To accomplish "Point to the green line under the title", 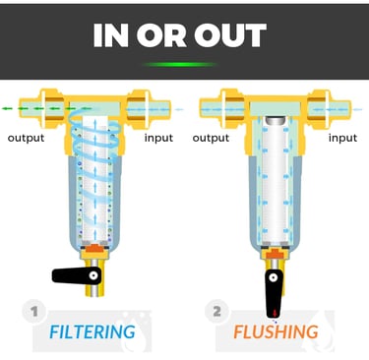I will [184, 65].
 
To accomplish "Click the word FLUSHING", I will [276, 330].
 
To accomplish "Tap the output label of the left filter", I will [26, 138].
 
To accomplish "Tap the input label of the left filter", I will [158, 138].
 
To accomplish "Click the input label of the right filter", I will [341, 138].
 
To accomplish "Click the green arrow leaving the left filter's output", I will [15, 107].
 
